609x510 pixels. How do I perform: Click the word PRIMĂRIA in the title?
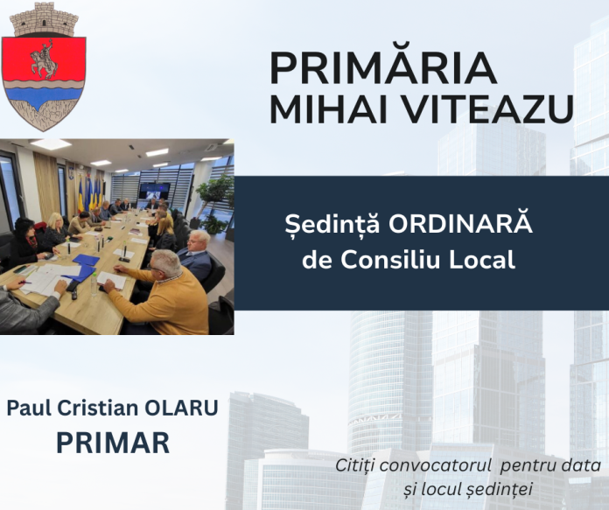tap(383, 67)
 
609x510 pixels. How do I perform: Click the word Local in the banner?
tap(488, 260)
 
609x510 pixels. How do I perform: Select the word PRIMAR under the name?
tap(113, 442)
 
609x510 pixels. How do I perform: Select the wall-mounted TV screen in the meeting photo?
tap(154, 190)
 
